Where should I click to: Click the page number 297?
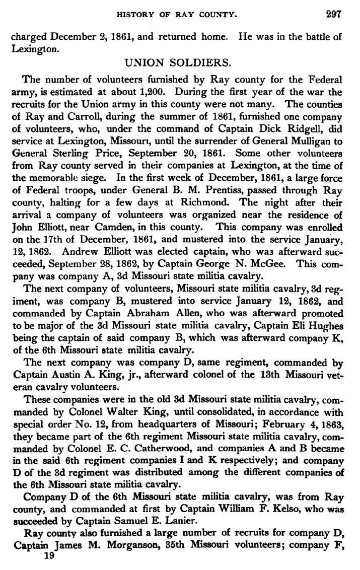[333, 15]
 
